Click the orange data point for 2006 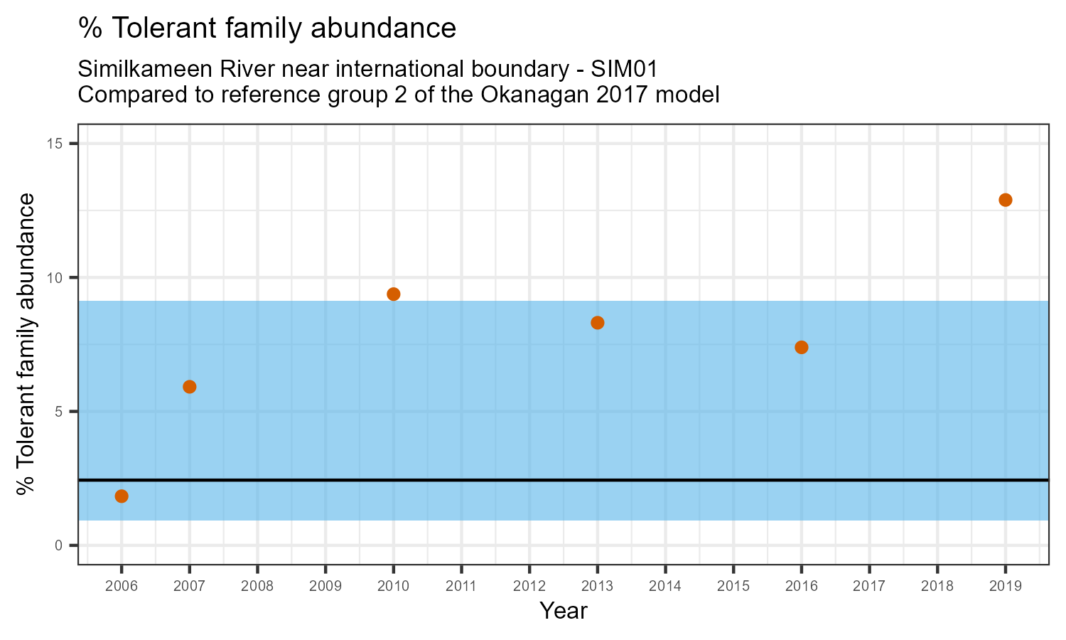pyautogui.click(x=122, y=496)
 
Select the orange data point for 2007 pyautogui.click(x=190, y=387)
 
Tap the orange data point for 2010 pyautogui.click(x=394, y=294)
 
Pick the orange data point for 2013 pyautogui.click(x=598, y=323)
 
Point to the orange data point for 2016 pyautogui.click(x=802, y=347)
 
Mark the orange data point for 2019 pyautogui.click(x=1006, y=200)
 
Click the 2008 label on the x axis pyautogui.click(x=257, y=587)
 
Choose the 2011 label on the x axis pyautogui.click(x=461, y=587)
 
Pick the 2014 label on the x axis pyautogui.click(x=665, y=587)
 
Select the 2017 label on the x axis pyautogui.click(x=869, y=587)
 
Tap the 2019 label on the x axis pyautogui.click(x=1006, y=587)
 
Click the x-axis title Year pyautogui.click(x=564, y=611)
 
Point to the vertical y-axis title pyautogui.click(x=27, y=344)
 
